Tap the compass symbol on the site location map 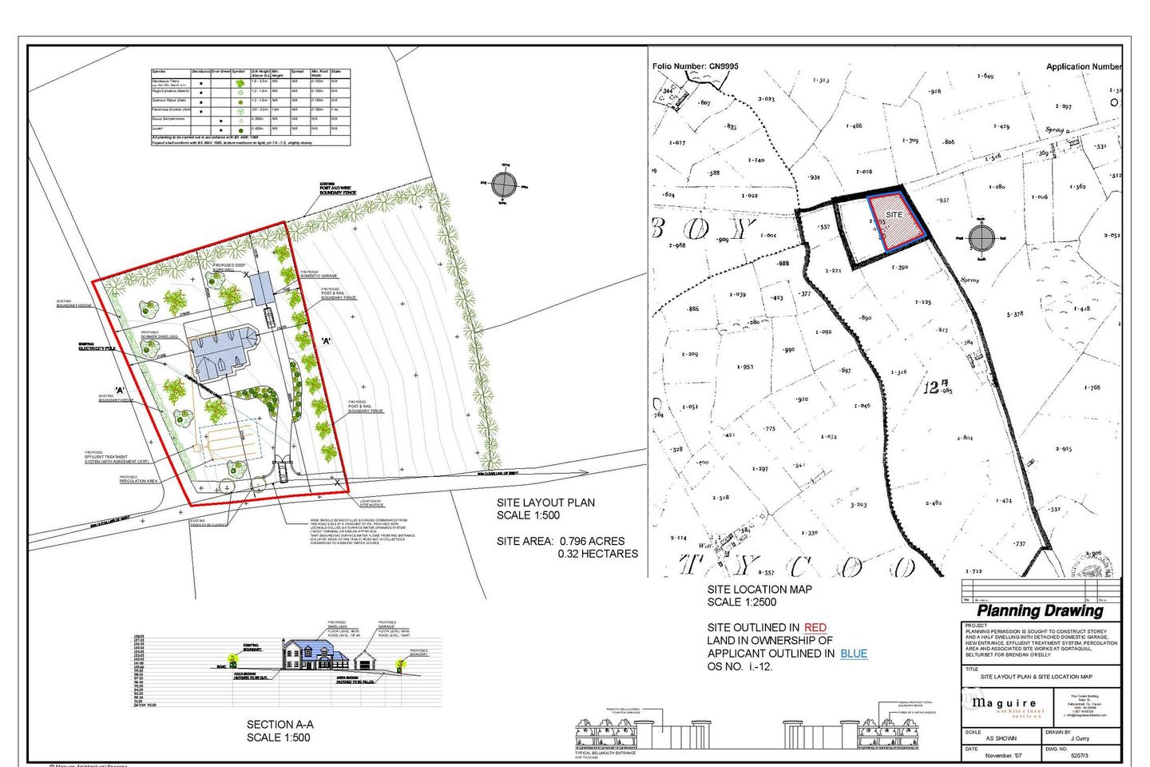981,237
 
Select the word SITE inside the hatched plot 894,214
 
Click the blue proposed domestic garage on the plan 262,287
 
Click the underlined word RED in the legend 815,628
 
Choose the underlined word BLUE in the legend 854,654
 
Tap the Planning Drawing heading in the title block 1040,611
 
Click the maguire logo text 1004,703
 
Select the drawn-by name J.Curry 1080,738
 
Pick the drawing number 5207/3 1079,755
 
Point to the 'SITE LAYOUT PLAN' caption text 545,503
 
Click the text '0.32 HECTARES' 597,554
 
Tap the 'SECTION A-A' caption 280,725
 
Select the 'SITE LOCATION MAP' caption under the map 759,590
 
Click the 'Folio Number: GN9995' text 696,66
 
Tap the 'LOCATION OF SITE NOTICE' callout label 371,503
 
